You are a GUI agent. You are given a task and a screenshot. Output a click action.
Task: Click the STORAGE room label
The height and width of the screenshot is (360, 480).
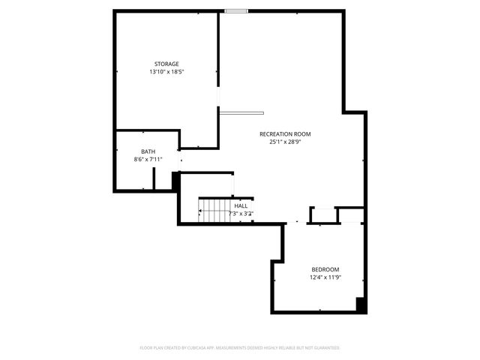coord(166,64)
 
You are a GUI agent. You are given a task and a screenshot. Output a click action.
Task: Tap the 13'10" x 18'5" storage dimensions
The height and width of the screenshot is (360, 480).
coord(166,72)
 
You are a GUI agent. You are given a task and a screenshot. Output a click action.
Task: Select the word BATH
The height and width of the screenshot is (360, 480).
coord(148,151)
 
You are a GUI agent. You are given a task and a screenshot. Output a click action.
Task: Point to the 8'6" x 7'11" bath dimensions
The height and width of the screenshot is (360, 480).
coord(148,159)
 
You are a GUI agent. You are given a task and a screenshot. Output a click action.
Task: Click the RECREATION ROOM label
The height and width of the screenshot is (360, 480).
coord(285,134)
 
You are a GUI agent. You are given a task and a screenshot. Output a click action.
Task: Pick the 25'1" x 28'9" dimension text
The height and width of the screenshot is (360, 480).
coord(285,142)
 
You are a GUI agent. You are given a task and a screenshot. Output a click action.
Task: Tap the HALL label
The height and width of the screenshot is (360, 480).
coord(241,205)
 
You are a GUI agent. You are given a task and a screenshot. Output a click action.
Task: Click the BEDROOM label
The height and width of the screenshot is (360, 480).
coord(325,269)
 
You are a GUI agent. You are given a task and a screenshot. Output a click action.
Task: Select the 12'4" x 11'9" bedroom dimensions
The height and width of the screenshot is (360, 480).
coord(325,277)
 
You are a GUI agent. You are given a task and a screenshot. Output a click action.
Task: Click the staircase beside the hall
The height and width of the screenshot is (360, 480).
coord(212,210)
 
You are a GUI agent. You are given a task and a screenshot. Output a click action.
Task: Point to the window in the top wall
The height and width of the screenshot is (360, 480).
coord(236,11)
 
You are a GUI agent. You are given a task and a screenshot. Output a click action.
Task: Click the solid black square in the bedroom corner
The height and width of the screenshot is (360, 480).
coord(361,304)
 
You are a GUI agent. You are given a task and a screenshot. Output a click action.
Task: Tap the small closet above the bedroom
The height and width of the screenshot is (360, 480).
coord(323,215)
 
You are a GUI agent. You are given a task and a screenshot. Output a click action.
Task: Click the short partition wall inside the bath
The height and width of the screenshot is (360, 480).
coord(154,179)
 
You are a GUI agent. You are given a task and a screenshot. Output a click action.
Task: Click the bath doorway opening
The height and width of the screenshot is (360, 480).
coord(179,160)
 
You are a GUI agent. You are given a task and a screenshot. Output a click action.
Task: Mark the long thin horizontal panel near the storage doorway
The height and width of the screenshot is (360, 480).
coord(241,112)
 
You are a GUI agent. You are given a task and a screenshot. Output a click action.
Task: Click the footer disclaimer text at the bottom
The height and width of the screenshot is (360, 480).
coord(240,348)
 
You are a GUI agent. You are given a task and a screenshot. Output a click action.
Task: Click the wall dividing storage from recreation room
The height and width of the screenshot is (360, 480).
coord(218,52)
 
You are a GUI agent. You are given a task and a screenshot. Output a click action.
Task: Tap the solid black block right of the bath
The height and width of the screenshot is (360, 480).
coord(175,181)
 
